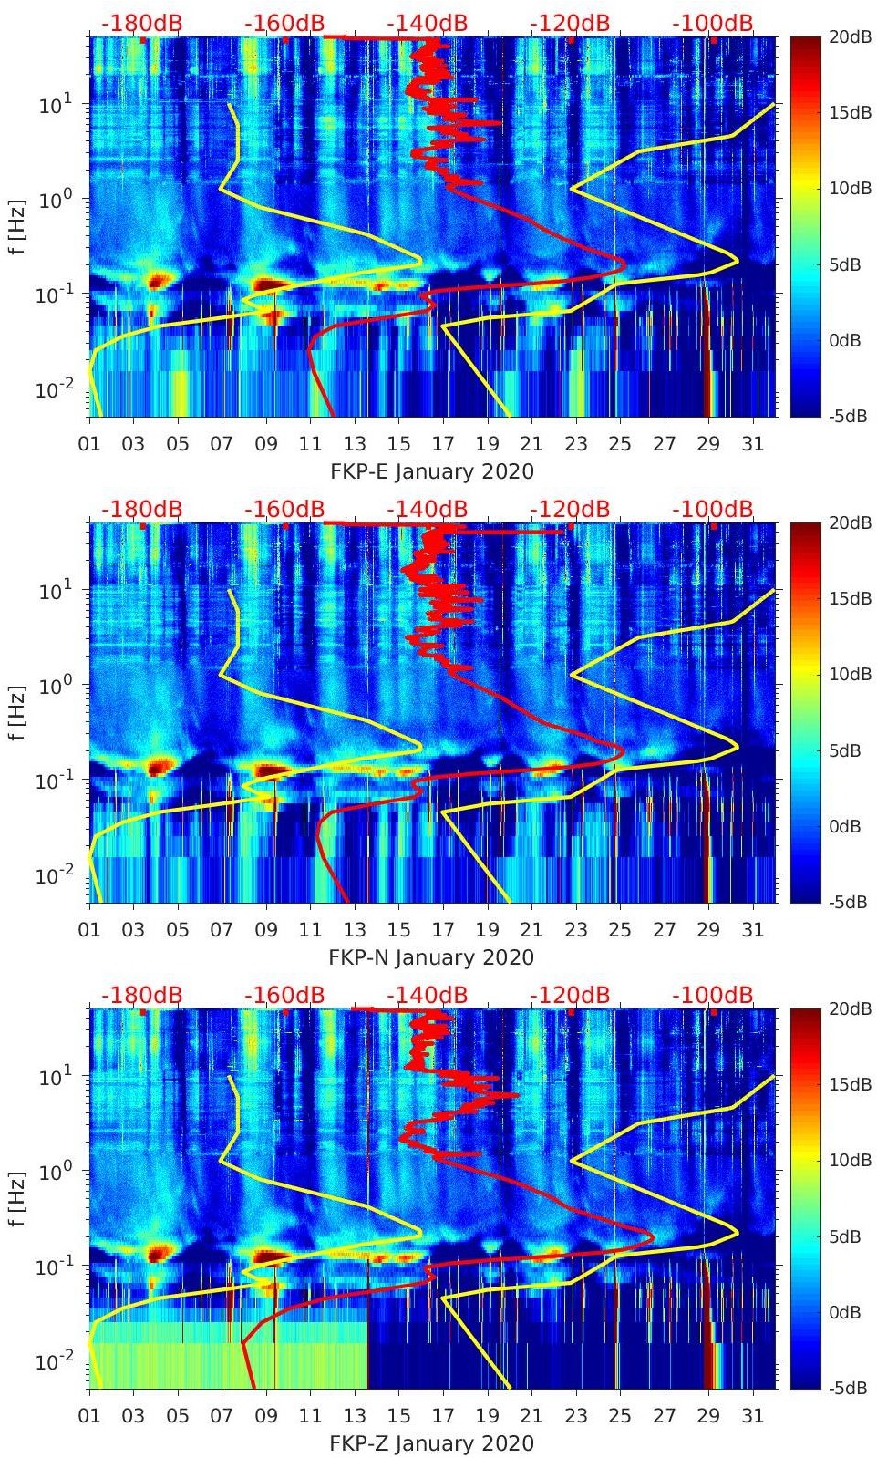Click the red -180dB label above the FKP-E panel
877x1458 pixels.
click(141, 23)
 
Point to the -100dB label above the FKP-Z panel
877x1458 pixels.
click(713, 995)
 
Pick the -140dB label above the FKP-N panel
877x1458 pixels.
click(427, 509)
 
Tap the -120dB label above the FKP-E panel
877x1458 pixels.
click(570, 23)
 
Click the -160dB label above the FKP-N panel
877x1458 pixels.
click(284, 509)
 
